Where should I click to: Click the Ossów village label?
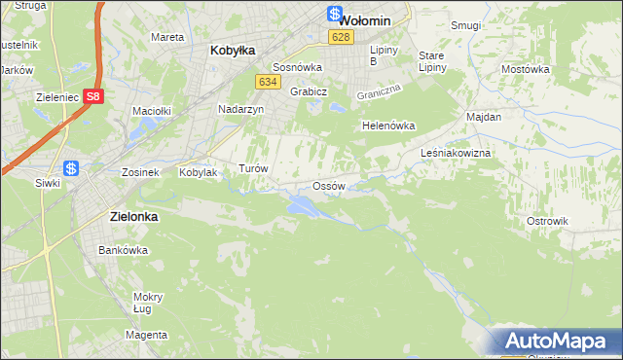(x=328, y=186)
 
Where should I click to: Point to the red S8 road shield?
(x=92, y=96)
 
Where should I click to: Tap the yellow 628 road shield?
(x=339, y=37)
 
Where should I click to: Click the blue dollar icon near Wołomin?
(x=334, y=15)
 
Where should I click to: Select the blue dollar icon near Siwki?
(x=71, y=167)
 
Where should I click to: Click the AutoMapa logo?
(x=557, y=341)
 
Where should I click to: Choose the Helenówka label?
(x=388, y=126)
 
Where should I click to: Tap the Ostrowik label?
(x=547, y=221)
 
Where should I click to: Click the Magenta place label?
(x=146, y=335)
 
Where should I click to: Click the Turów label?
(x=253, y=168)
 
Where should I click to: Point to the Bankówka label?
(x=123, y=250)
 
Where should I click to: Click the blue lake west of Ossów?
(x=300, y=204)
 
